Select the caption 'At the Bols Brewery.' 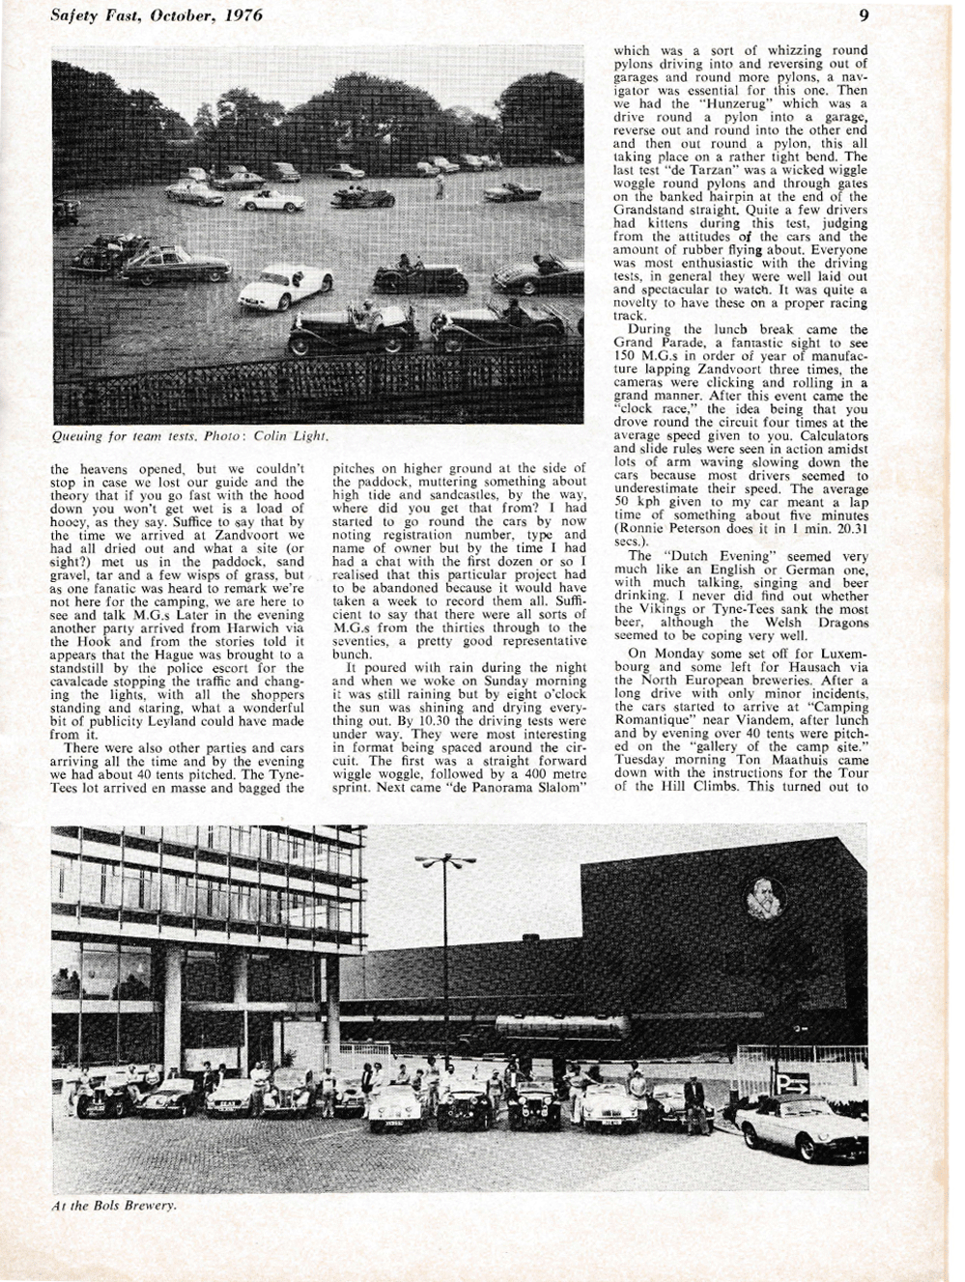click(114, 1206)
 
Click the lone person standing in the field click(439, 186)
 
